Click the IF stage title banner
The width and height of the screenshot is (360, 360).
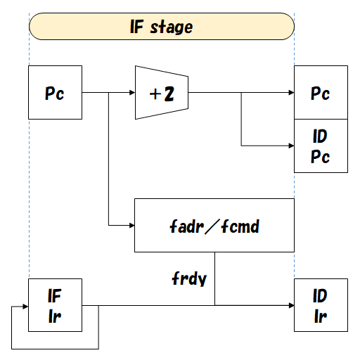pos(161,27)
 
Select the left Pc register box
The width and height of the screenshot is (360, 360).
pos(55,92)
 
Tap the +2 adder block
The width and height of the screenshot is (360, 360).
pos(162,92)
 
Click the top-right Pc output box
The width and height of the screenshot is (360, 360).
pos(321,92)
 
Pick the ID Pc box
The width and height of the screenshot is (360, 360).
pos(321,146)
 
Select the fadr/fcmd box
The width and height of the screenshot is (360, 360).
pos(214,225)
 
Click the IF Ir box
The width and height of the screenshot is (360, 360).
pos(55,305)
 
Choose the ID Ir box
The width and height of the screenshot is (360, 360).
pos(321,305)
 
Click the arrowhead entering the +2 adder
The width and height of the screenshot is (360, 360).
pos(131,92)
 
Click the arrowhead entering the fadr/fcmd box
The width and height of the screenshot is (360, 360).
pos(131,225)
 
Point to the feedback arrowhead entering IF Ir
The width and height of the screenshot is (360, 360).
pos(25,305)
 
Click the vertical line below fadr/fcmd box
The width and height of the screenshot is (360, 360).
pos(214,278)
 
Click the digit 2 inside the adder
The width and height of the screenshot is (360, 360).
pos(169,93)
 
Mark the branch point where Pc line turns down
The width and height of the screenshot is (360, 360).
pos(108,92)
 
